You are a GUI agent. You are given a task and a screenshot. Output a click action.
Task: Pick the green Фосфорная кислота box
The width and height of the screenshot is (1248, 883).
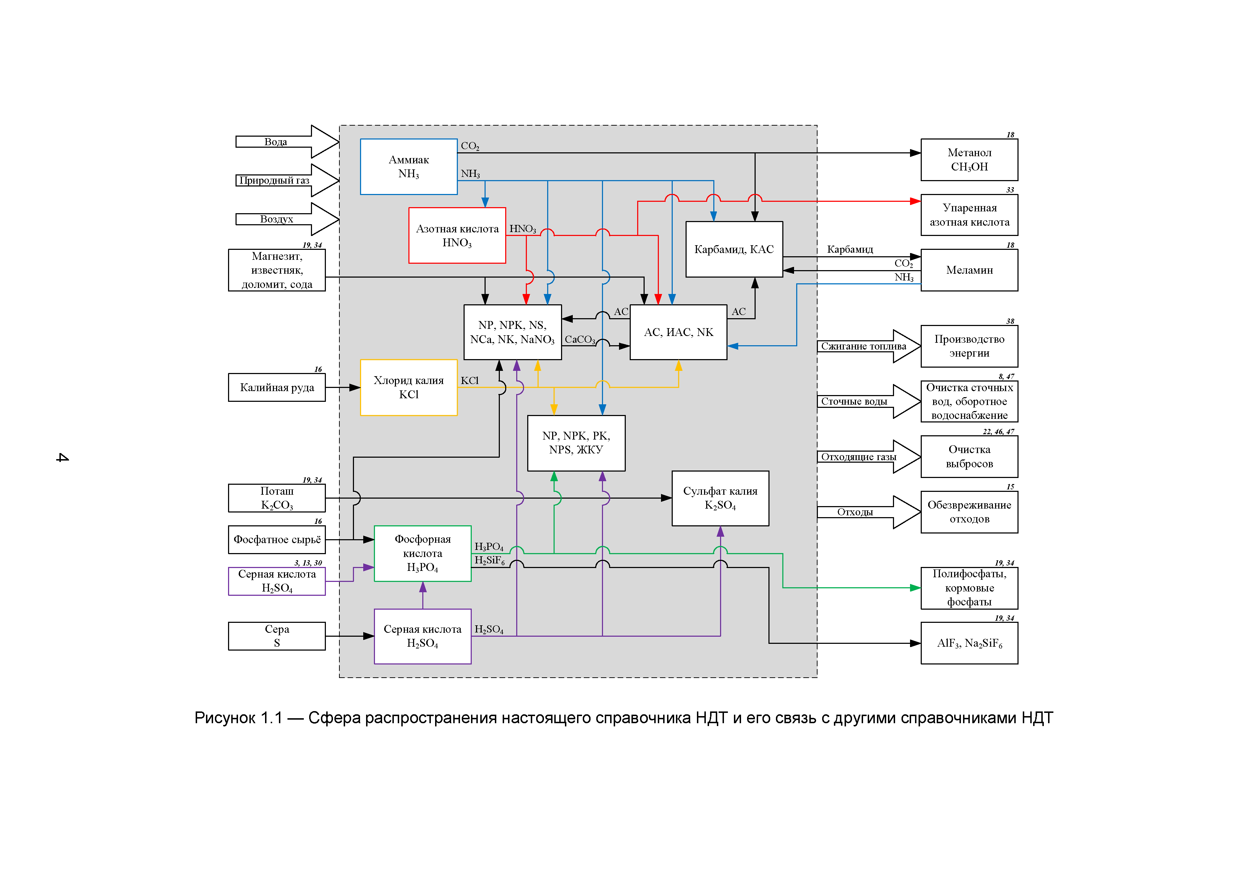pyautogui.click(x=422, y=553)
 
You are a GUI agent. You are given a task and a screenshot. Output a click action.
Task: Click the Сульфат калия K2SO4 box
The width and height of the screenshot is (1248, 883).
pyautogui.click(x=720, y=498)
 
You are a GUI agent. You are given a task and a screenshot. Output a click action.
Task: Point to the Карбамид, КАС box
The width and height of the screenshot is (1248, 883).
pyautogui.click(x=734, y=249)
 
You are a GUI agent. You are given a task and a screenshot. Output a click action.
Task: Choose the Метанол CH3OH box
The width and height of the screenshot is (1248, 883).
pyautogui.click(x=969, y=159)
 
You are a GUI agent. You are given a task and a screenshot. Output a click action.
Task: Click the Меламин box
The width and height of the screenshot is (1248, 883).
pyautogui.click(x=969, y=270)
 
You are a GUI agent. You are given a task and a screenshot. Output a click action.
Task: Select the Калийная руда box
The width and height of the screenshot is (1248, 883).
pyautogui.click(x=277, y=387)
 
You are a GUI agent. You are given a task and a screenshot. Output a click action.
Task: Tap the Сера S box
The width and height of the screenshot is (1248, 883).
pyautogui.click(x=277, y=636)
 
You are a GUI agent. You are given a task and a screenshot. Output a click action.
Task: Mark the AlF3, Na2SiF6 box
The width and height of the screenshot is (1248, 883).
pyautogui.click(x=969, y=643)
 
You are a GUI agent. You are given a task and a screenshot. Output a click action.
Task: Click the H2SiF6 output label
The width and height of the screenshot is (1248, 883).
pyautogui.click(x=489, y=561)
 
